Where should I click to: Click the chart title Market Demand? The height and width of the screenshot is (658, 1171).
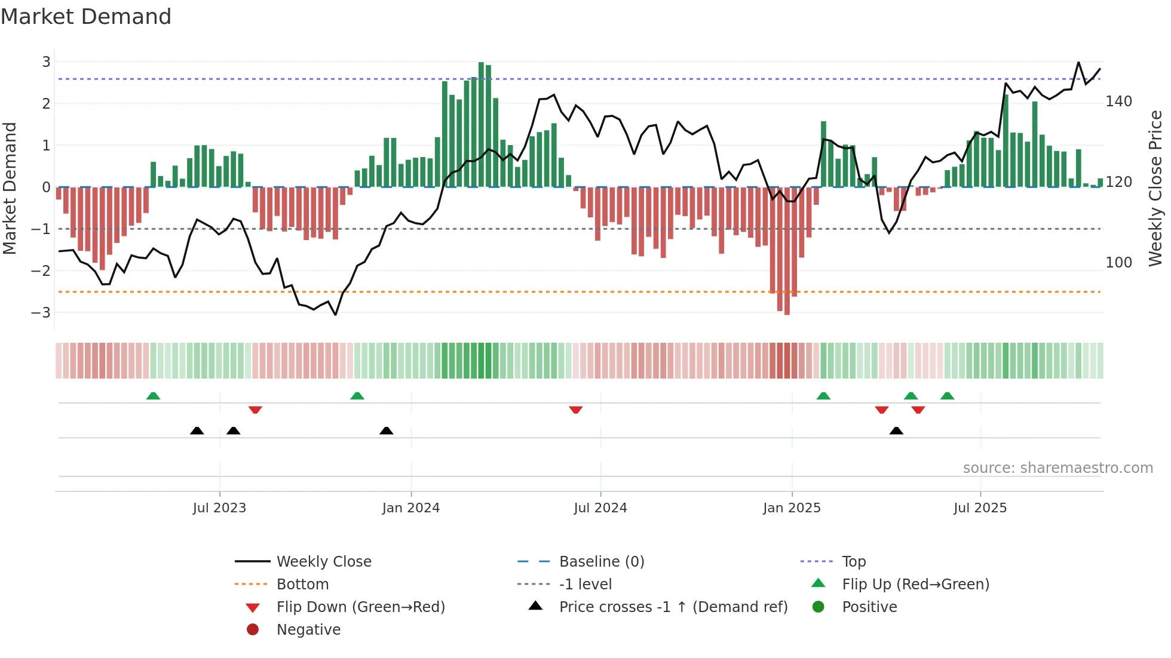click(x=86, y=17)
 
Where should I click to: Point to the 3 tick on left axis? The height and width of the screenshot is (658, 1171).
click(x=46, y=62)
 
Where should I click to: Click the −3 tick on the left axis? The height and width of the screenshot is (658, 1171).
click(x=41, y=312)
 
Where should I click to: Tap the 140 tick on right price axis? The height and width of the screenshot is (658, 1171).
click(x=1118, y=102)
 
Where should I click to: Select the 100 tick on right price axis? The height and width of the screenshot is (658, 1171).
click(x=1118, y=262)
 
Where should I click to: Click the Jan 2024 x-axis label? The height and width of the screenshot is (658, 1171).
click(x=410, y=508)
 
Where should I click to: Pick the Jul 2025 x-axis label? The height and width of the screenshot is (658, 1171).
click(x=980, y=508)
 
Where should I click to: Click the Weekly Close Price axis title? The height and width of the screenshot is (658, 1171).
click(x=1155, y=188)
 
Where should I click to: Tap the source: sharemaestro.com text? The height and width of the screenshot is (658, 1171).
click(x=1057, y=468)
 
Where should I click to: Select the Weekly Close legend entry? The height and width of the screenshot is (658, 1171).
click(x=323, y=562)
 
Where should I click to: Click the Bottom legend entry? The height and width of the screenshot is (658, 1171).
click(x=302, y=585)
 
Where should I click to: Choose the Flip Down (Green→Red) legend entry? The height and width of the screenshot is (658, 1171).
click(x=360, y=607)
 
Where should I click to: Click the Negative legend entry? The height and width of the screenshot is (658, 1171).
click(x=308, y=630)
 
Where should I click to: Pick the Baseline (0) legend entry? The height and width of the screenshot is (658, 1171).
click(x=601, y=562)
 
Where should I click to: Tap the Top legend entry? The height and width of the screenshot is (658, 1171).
click(x=853, y=562)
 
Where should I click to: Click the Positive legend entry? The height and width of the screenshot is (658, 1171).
click(x=869, y=607)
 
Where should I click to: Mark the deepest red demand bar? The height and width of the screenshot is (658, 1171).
click(x=787, y=251)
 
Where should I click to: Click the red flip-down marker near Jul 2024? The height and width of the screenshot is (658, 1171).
click(x=576, y=410)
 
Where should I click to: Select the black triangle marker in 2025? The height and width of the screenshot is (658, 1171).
click(x=896, y=431)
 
